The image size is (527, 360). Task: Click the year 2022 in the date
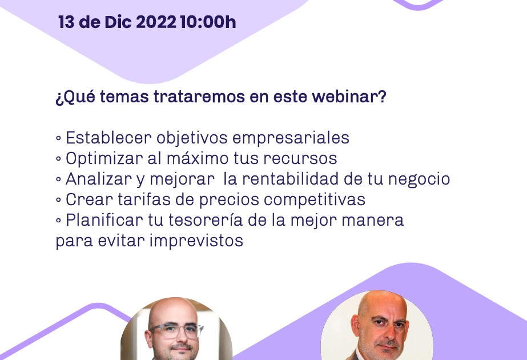point(156,22)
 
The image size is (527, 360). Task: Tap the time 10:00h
point(208,22)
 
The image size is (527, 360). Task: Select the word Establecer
point(108,138)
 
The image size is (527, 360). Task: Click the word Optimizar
point(104,158)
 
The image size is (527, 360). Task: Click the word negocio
point(419,179)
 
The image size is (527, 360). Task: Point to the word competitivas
point(315,200)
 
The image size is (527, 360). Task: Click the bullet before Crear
point(58,200)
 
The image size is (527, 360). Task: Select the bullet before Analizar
point(58,179)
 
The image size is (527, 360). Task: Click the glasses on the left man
point(175,331)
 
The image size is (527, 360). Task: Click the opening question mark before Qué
point(59,98)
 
